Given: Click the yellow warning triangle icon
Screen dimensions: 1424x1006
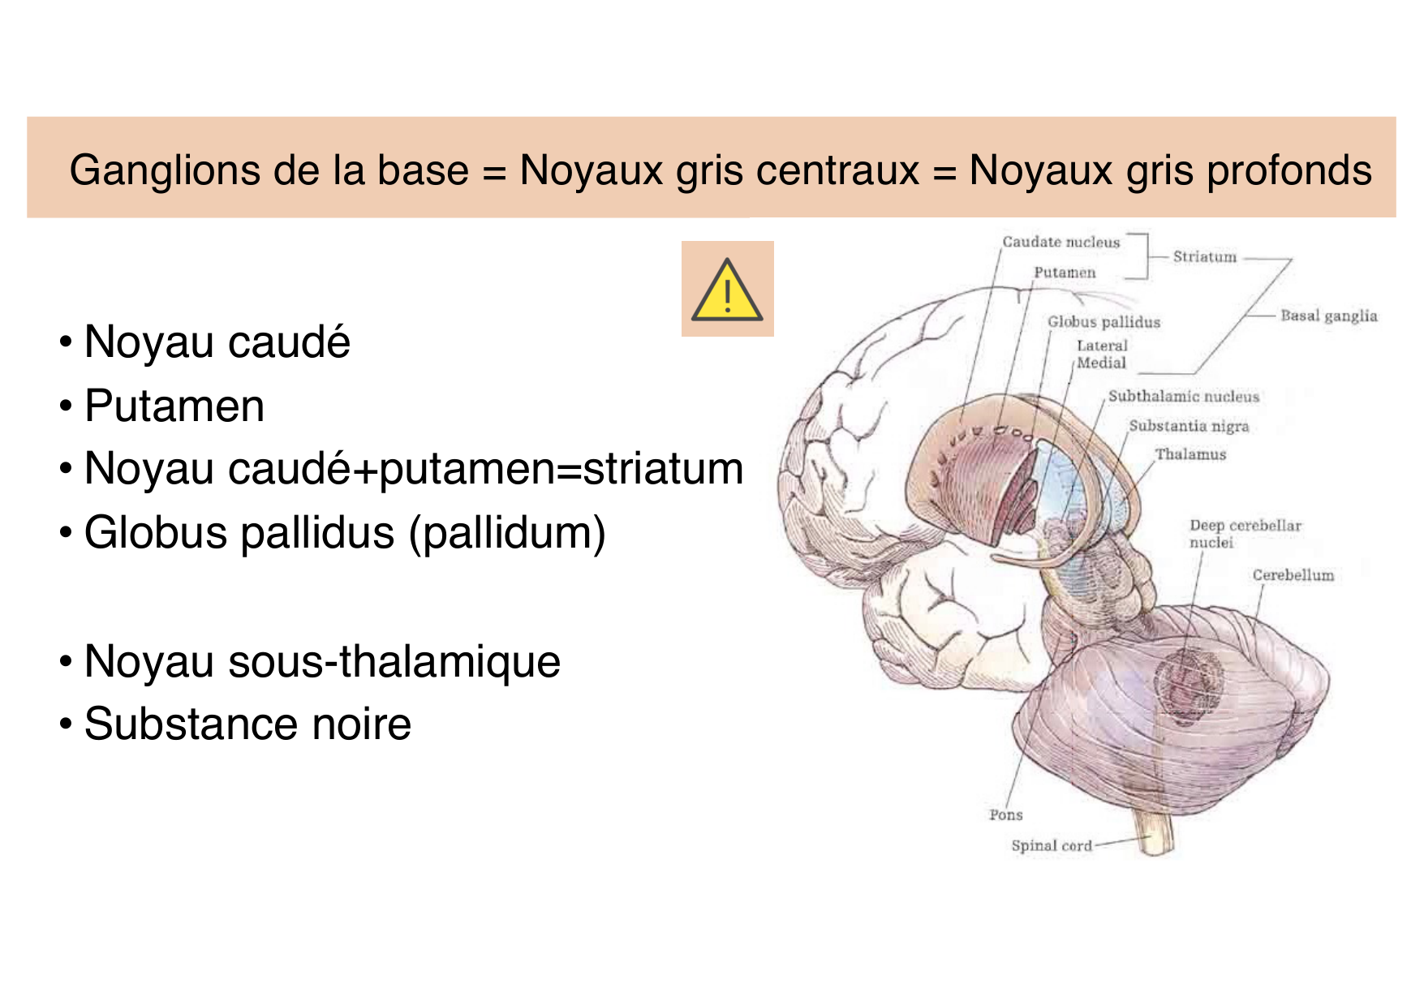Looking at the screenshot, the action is click(x=727, y=290).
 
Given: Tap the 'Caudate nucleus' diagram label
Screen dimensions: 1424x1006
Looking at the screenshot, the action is click(x=1060, y=242).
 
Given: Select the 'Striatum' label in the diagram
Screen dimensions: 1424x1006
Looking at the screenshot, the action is click(x=1205, y=257).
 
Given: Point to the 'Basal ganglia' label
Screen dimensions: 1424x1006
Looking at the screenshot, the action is click(x=1328, y=316).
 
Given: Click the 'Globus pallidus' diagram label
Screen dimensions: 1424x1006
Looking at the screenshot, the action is click(x=1103, y=322).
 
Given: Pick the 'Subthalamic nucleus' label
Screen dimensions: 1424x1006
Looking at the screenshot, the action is click(x=1183, y=397).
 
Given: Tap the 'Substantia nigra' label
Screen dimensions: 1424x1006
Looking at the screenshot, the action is click(x=1189, y=426).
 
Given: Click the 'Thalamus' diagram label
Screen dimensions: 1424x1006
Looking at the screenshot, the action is click(x=1190, y=454).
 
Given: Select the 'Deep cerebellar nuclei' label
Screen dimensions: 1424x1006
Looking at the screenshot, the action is click(x=1245, y=534).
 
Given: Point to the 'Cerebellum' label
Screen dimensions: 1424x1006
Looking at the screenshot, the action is click(x=1293, y=575).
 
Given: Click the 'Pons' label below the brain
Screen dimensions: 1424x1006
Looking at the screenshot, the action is click(x=1006, y=815).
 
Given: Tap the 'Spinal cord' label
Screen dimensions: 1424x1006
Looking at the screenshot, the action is click(x=1052, y=845).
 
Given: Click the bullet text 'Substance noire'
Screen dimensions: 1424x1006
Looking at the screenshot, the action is click(x=247, y=724).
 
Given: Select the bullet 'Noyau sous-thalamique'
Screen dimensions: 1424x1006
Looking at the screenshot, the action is click(x=322, y=661).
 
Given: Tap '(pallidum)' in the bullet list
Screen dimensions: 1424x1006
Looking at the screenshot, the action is click(x=507, y=533).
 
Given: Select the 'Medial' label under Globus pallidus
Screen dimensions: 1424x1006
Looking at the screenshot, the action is click(x=1101, y=363).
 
